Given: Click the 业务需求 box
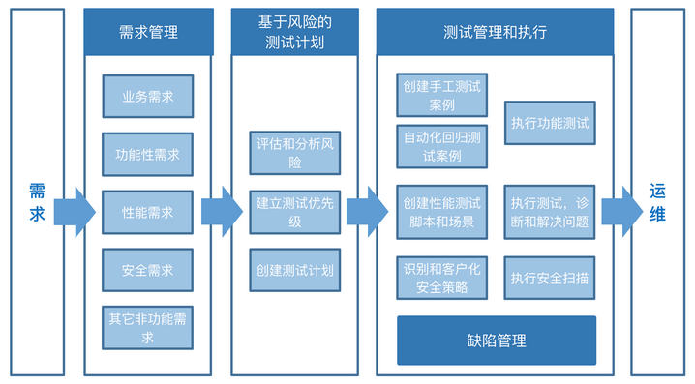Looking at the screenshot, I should (x=147, y=97).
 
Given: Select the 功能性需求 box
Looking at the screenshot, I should (x=147, y=154).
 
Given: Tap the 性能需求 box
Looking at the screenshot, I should (x=147, y=212).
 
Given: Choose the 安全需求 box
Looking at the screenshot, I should (x=147, y=270).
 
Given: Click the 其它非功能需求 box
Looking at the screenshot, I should (x=147, y=326).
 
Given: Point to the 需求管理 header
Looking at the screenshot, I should (x=147, y=32).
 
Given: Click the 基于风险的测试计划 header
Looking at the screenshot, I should (x=294, y=32).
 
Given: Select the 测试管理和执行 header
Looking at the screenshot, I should (x=495, y=32).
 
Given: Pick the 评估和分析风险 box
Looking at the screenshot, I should (x=294, y=153).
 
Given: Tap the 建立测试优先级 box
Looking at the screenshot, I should (x=294, y=212).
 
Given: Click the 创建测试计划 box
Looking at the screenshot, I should (x=294, y=270).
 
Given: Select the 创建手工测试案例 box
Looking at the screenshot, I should (x=442, y=95).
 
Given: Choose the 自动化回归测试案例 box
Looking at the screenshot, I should (x=442, y=146).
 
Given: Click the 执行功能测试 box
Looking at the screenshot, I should (x=550, y=123).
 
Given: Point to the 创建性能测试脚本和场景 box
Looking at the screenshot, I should (x=442, y=212).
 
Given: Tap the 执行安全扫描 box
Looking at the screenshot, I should (x=550, y=278).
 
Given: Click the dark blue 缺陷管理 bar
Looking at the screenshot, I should (x=496, y=340).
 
